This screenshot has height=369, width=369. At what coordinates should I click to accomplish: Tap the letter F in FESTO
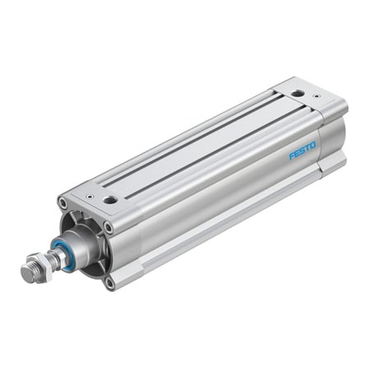tap(290, 157)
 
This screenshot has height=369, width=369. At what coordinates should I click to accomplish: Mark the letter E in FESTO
tap(295, 155)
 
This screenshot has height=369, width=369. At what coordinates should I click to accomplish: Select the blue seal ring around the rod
tap(64, 249)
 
